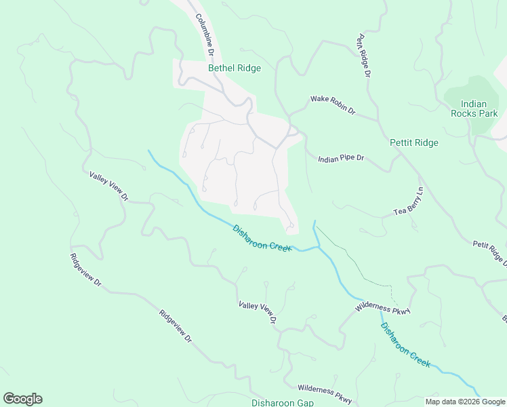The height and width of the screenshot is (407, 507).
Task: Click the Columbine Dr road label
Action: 205,35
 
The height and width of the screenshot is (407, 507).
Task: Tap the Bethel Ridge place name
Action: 234,68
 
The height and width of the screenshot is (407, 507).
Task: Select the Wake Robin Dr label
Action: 333,104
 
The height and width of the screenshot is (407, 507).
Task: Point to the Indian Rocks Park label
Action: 474,109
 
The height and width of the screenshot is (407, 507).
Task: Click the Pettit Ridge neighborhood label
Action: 414,142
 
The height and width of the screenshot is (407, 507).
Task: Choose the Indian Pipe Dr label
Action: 342,158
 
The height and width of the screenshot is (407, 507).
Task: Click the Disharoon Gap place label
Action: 282,402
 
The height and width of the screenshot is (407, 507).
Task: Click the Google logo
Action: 22,398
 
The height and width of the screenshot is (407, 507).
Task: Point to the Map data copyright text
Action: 464,402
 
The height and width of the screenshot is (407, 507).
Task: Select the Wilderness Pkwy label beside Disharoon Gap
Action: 325,393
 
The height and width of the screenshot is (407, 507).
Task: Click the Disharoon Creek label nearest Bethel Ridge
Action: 262,237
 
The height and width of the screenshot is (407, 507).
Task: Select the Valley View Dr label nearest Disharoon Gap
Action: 258,311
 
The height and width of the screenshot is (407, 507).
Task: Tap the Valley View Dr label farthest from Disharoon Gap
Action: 108,186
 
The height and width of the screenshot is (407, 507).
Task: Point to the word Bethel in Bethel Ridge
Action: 220,68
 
